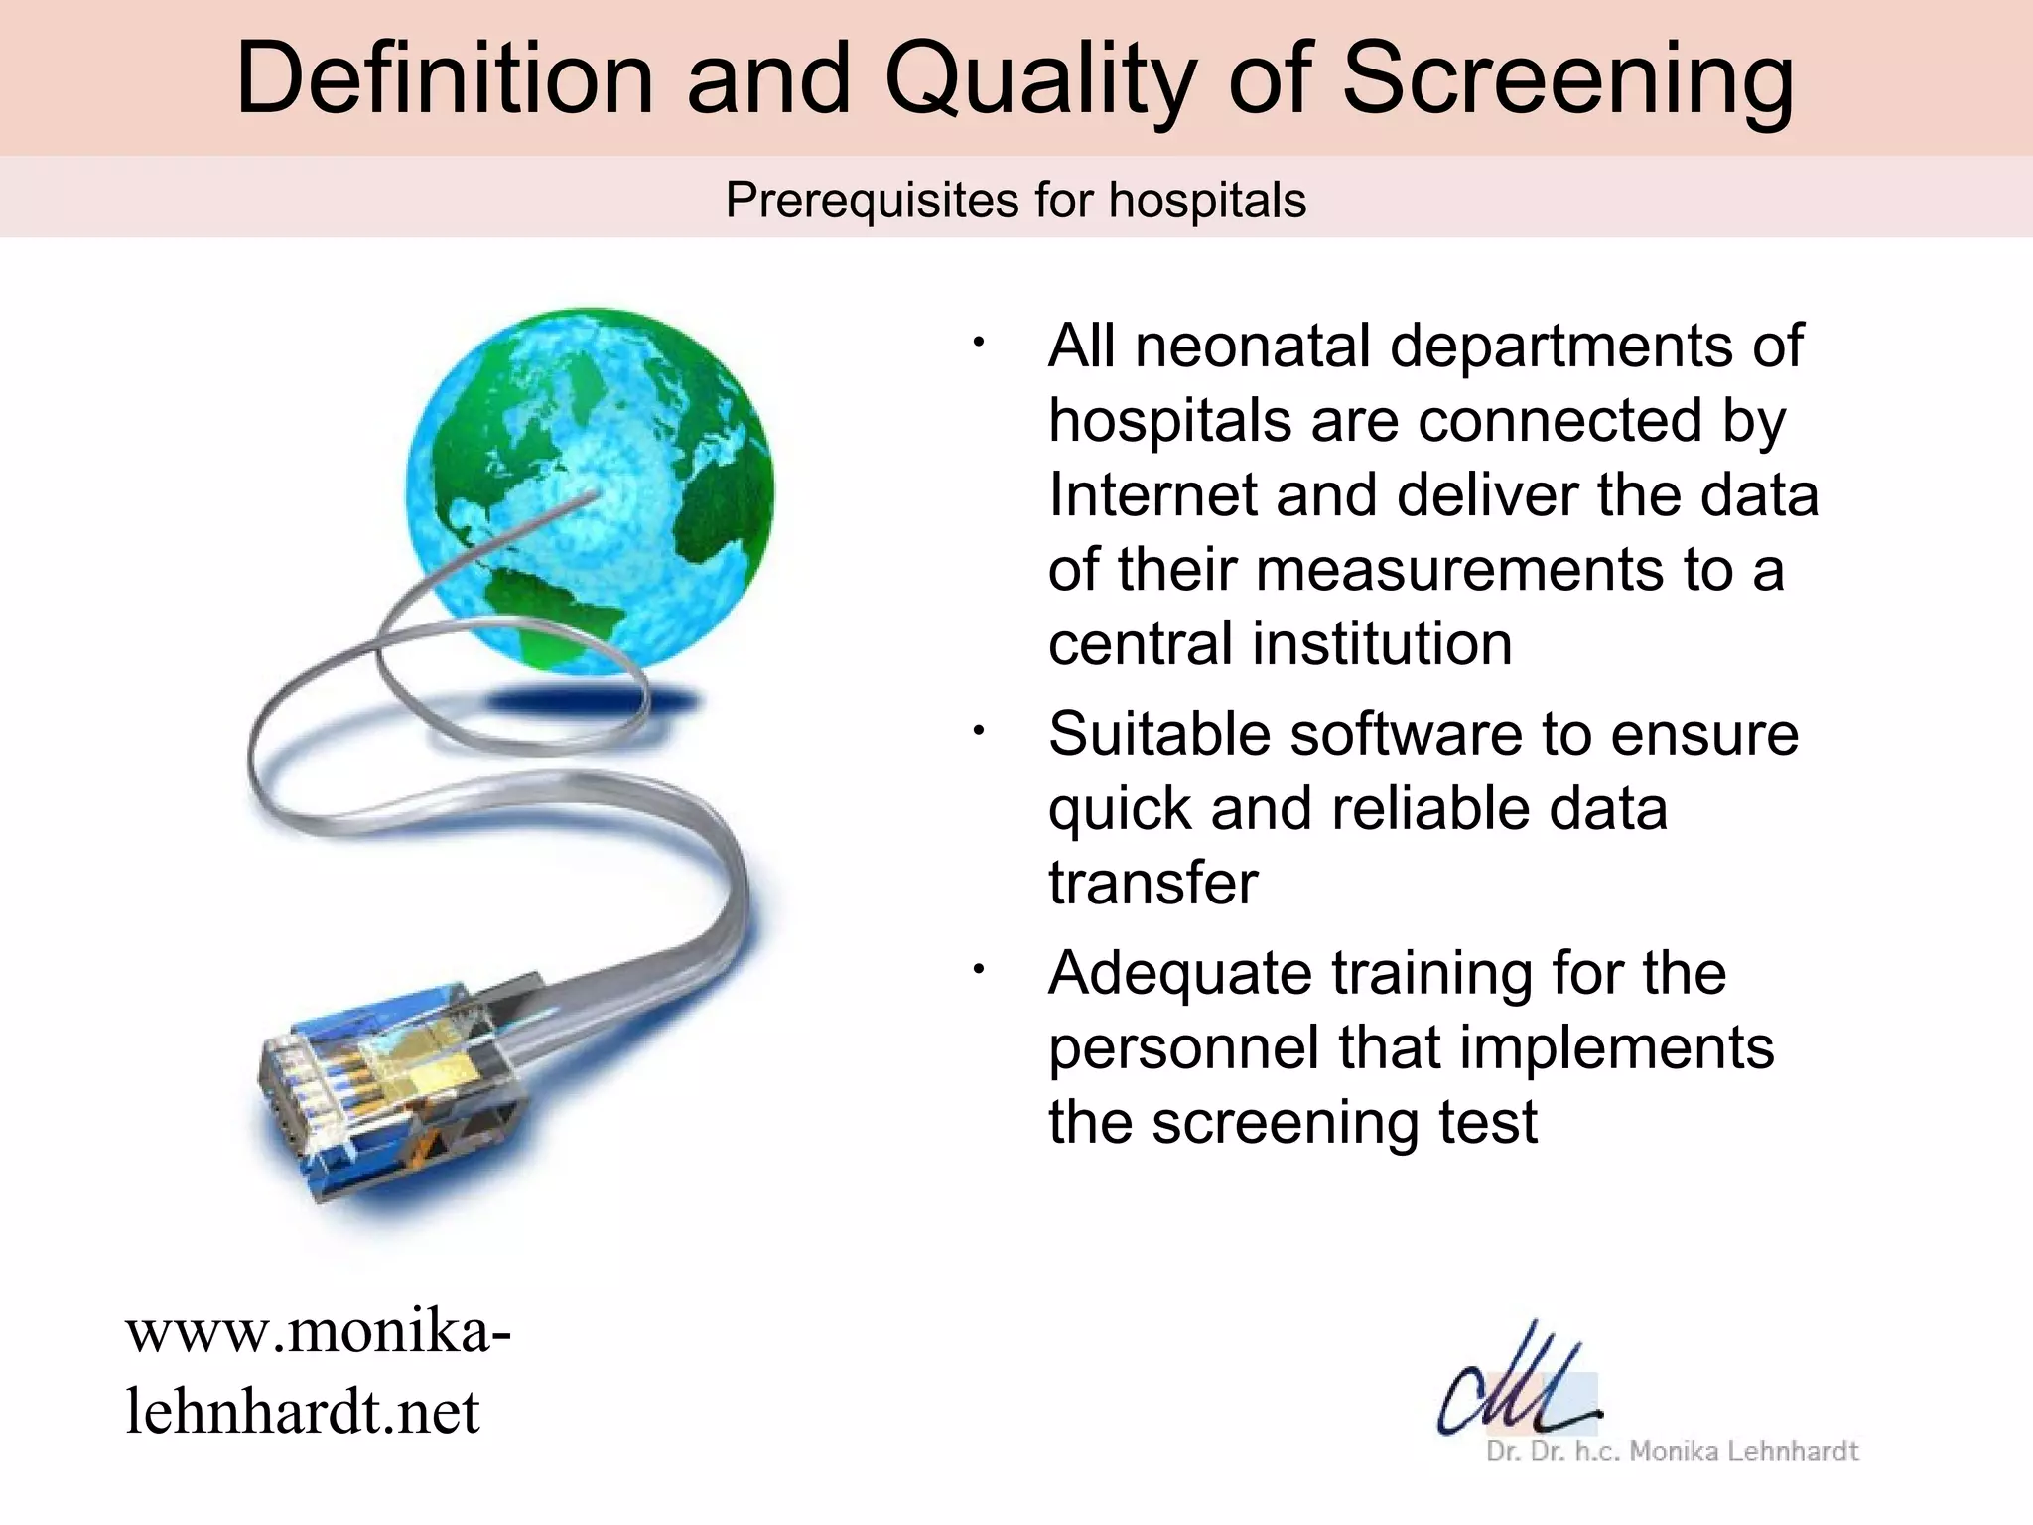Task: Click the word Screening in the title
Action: (1567, 79)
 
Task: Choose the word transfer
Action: (1152, 883)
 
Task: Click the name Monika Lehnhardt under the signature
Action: (1743, 1452)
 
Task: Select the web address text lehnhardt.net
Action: (303, 1412)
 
